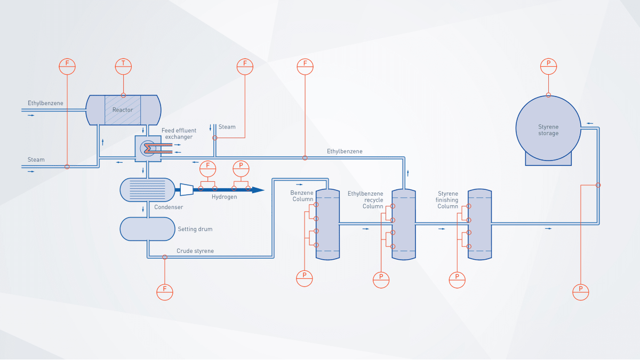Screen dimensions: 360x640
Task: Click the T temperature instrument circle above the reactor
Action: [123, 66]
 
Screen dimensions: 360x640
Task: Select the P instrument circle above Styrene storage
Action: [548, 66]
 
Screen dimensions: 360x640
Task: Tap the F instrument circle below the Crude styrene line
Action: [165, 291]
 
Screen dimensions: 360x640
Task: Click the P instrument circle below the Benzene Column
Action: [305, 277]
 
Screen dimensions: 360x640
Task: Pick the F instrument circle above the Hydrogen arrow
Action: [208, 168]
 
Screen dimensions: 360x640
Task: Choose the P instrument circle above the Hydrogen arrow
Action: [241, 168]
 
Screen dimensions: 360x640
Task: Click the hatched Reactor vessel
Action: [123, 110]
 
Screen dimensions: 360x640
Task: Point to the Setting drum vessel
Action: [147, 229]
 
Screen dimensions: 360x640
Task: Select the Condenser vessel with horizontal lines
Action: [147, 190]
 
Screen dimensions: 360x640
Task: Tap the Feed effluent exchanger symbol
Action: [147, 149]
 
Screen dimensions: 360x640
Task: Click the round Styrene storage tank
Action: [548, 127]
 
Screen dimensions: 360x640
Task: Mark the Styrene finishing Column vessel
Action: [479, 225]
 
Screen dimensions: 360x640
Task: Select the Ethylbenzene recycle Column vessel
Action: [404, 225]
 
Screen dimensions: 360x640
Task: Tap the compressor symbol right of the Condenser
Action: [187, 189]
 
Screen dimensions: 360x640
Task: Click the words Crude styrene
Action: [195, 251]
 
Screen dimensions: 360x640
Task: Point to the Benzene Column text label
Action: [302, 196]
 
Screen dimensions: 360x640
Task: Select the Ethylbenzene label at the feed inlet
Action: [45, 102]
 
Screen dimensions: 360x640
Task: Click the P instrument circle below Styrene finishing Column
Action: [457, 278]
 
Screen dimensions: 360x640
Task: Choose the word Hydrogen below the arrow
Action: [223, 197]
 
